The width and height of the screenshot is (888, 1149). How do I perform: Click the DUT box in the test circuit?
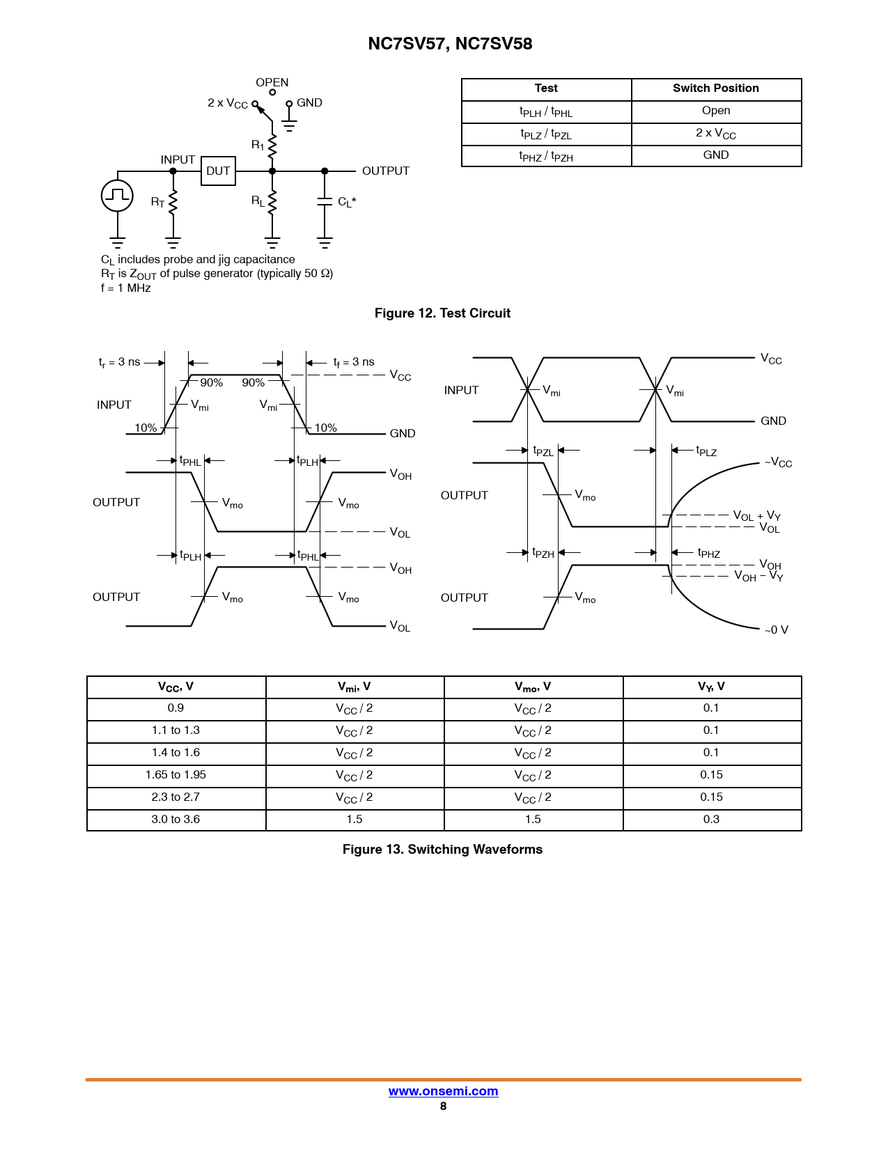[x=218, y=171]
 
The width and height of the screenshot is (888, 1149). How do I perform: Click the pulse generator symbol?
[x=117, y=195]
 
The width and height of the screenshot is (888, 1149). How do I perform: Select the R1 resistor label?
[x=258, y=145]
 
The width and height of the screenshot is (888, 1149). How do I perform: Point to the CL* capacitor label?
[x=347, y=202]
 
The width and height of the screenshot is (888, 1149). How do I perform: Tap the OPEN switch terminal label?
[x=272, y=82]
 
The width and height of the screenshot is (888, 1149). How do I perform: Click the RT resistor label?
[x=158, y=202]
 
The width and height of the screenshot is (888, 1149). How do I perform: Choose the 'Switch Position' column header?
[x=715, y=88]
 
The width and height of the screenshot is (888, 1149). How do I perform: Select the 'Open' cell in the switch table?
[x=715, y=111]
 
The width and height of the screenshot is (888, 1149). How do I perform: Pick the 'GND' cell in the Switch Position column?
[x=715, y=155]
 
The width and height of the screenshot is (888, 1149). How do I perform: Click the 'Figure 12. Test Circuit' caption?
[x=442, y=313]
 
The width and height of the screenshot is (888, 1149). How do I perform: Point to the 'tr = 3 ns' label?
[x=120, y=362]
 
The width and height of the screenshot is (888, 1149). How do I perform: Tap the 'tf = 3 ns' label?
[x=354, y=362]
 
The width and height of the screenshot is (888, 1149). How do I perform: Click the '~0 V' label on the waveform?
[x=776, y=630]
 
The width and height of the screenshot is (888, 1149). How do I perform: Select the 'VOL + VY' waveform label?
[x=756, y=516]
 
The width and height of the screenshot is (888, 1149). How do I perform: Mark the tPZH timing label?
[x=543, y=553]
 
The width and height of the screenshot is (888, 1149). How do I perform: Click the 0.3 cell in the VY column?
[x=711, y=820]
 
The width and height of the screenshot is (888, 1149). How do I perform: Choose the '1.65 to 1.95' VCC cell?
[x=176, y=775]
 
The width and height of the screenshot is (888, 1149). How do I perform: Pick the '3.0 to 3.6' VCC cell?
[x=176, y=820]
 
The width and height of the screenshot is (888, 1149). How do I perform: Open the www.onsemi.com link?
[x=443, y=1091]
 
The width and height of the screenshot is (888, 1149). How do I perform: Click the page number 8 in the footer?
[x=443, y=1107]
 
